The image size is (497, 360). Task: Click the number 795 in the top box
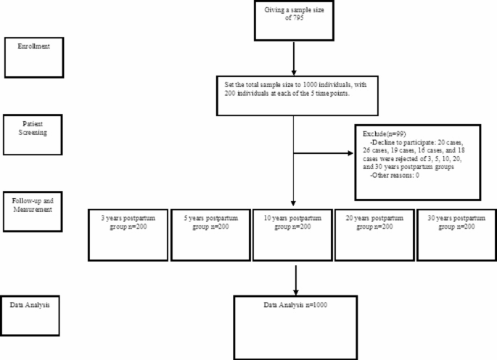click(x=298, y=17)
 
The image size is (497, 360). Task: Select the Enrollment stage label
click(x=33, y=46)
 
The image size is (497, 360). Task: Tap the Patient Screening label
click(x=33, y=128)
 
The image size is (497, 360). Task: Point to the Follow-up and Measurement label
click(x=33, y=205)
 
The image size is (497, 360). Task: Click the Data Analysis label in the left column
click(x=30, y=305)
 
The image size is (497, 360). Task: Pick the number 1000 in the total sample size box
click(x=310, y=85)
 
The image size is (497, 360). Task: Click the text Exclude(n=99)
click(x=384, y=134)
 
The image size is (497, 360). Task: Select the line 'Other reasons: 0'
click(x=395, y=175)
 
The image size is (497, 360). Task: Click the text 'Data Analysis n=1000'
click(x=295, y=305)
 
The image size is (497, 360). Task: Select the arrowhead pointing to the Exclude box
click(x=350, y=153)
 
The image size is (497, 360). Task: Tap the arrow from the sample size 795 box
click(x=294, y=59)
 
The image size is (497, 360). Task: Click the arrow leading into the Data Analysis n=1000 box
click(x=296, y=280)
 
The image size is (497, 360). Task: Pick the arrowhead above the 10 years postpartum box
click(x=293, y=203)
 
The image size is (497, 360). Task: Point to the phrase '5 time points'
click(x=329, y=94)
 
